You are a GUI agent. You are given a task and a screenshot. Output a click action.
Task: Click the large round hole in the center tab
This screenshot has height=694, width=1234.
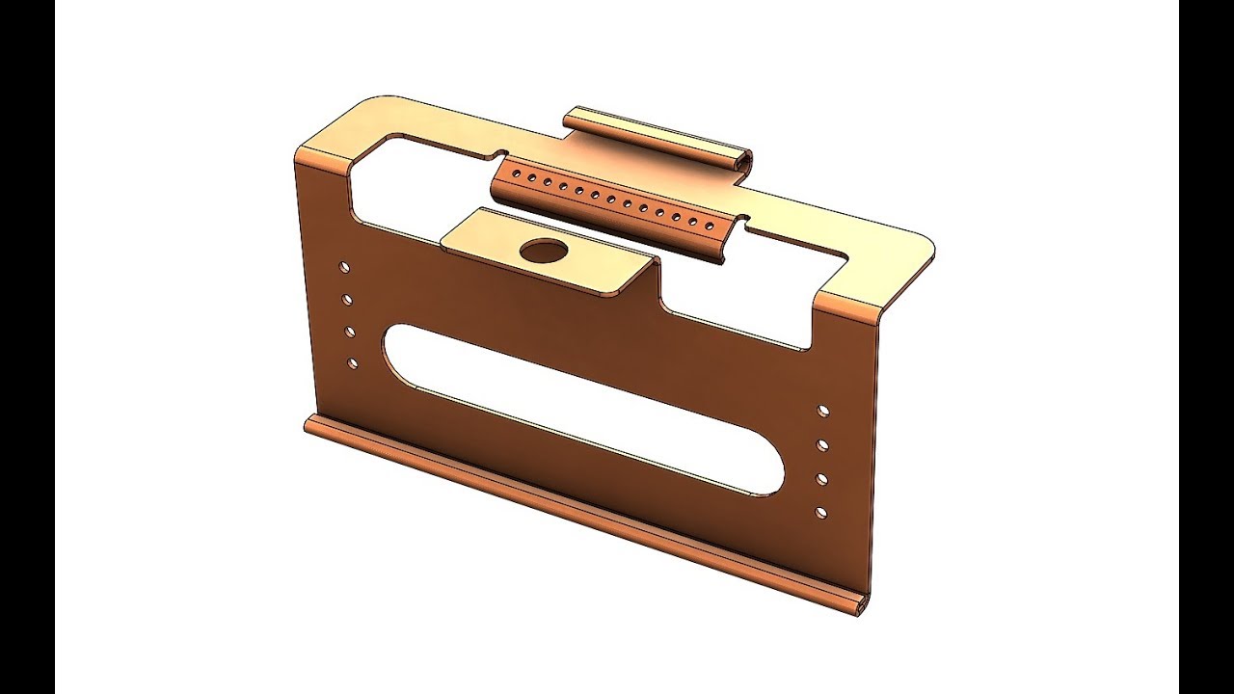[543, 252]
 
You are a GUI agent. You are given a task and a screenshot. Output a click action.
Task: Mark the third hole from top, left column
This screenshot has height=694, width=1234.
[349, 332]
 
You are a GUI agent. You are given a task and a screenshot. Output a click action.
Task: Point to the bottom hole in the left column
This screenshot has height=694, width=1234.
[352, 363]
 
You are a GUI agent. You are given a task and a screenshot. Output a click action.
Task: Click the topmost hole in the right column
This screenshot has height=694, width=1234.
[822, 411]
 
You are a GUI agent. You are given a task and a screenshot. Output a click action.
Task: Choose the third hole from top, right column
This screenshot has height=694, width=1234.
[821, 479]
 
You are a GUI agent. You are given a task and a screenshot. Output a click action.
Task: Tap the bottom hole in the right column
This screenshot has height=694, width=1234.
[820, 512]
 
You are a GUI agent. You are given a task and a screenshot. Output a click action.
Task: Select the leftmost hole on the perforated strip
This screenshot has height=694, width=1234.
[516, 174]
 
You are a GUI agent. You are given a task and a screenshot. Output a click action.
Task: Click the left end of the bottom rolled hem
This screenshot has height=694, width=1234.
[308, 424]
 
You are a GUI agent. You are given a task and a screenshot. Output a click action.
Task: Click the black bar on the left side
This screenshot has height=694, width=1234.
[27, 347]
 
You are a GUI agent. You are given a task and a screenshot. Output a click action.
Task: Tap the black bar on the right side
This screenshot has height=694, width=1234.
[1206, 347]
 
